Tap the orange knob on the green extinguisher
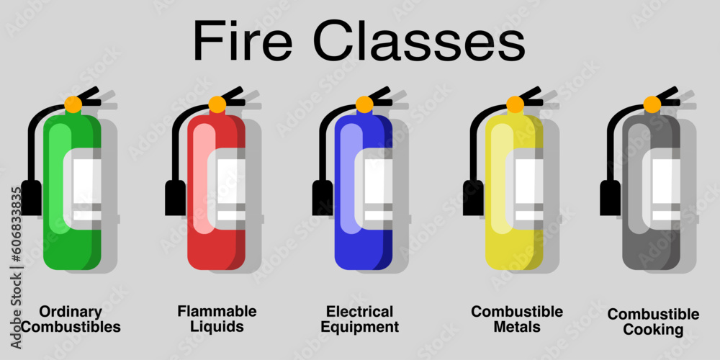73,104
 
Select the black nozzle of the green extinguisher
31,197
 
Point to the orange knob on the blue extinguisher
364,104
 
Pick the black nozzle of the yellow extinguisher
473,197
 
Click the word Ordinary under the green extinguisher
71,312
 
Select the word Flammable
217,311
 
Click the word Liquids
217,326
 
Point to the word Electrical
360,312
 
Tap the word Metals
516,327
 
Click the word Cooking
653,330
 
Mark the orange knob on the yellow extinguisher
515,104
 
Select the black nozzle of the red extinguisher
175,197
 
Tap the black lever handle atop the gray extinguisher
666,95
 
